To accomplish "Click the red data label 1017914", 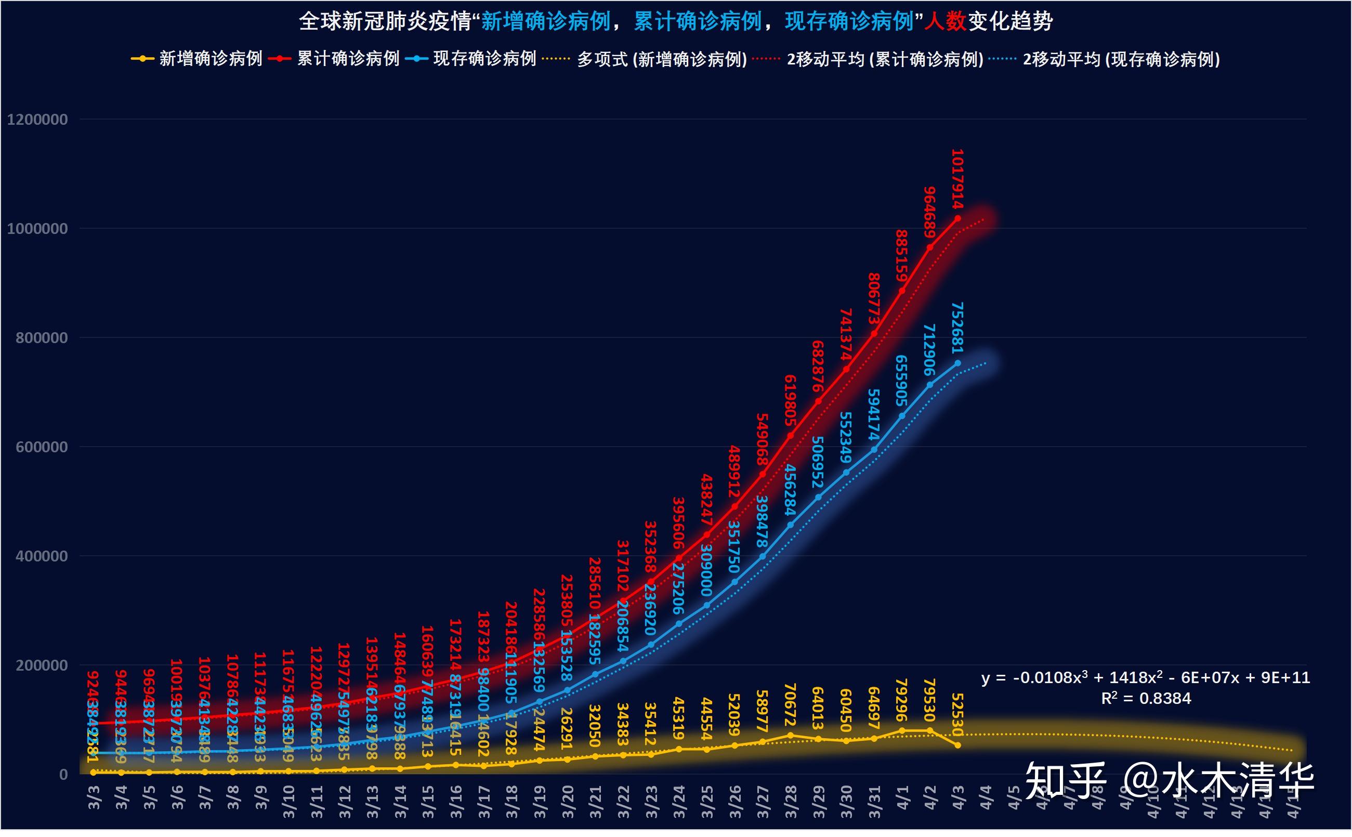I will [x=957, y=178].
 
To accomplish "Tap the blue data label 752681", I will [x=957, y=327].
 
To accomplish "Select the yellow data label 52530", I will [x=957, y=714].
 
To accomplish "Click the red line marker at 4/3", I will [x=958, y=219].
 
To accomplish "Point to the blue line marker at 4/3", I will [x=958, y=363].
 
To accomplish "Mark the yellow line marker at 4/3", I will [x=958, y=745].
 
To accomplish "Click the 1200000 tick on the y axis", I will [x=37, y=120].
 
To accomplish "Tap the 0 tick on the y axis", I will [x=63, y=775].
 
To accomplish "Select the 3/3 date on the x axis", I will [x=94, y=797].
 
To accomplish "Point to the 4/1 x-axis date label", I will [x=902, y=797].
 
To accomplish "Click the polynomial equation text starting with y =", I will [x=1145, y=677].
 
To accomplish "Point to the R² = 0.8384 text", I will [x=1146, y=699].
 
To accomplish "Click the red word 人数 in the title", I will [x=945, y=22].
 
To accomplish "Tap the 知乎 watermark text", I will [x=1065, y=780].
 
